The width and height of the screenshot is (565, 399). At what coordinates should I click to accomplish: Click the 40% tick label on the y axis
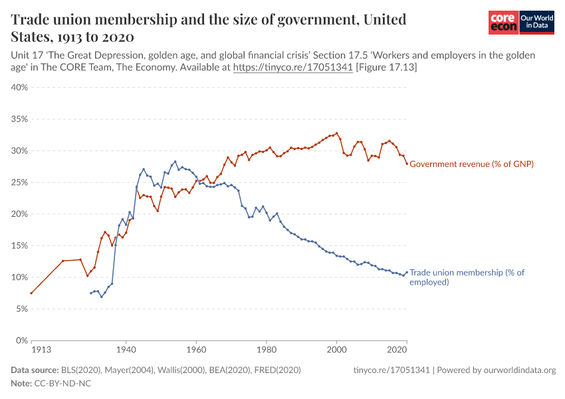(18, 87)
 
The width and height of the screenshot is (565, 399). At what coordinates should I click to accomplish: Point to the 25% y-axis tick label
(18, 182)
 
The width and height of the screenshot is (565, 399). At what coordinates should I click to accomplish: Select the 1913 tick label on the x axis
(40, 348)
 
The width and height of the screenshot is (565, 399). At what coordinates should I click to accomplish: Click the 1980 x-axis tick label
(267, 348)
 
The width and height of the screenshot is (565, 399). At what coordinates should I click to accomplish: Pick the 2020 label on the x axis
(397, 348)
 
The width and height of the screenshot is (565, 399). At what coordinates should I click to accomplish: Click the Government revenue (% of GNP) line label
(472, 164)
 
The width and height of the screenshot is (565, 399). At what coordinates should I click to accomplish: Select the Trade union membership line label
(467, 277)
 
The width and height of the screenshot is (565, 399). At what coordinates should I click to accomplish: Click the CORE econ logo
(503, 23)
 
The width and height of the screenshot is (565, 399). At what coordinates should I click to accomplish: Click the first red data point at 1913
(31, 293)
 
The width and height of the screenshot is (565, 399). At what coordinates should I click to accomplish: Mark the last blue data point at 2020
(407, 272)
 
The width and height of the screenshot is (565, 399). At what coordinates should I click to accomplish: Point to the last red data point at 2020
(407, 164)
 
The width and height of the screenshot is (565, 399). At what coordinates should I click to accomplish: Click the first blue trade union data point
(91, 293)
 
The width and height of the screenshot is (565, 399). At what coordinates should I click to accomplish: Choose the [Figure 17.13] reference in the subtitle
(387, 67)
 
